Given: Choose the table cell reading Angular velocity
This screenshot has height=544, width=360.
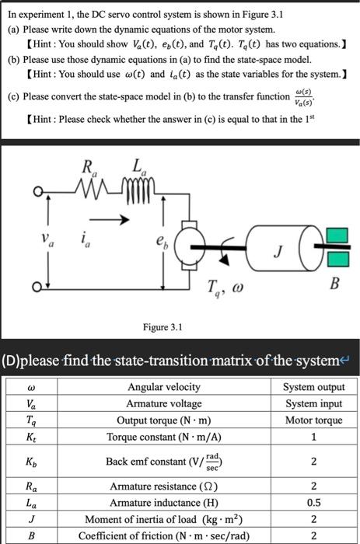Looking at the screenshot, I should pos(163,386).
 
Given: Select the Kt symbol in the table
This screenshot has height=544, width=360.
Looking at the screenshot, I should pos(31,437).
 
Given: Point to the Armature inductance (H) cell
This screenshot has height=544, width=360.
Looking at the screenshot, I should pos(163,501).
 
